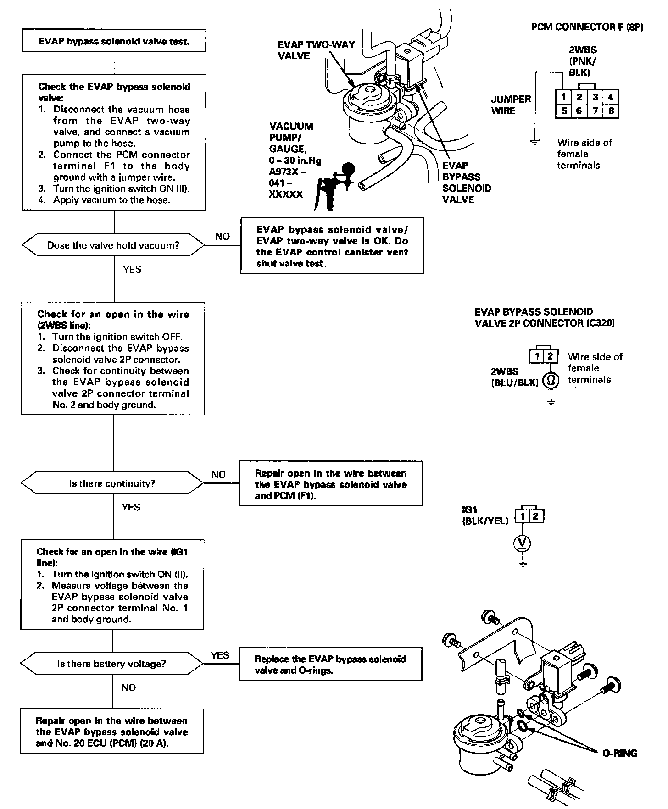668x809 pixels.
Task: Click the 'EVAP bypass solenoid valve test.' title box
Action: (114, 41)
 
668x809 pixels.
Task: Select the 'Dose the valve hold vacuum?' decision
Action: (113, 245)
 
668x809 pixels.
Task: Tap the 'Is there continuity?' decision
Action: (112, 483)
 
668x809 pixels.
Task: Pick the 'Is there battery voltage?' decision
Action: (111, 664)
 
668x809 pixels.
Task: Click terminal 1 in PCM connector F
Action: (564, 97)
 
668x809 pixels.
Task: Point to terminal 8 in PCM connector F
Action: (611, 111)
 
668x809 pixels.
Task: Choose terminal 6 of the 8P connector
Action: (579, 111)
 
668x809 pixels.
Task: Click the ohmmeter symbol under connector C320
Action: (551, 380)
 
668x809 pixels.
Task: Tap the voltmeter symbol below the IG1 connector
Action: (522, 543)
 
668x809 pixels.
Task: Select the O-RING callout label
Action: (619, 753)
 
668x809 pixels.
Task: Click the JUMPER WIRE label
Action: (511, 105)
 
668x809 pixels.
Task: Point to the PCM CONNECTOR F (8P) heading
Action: (587, 27)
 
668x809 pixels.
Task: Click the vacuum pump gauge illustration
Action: (335, 183)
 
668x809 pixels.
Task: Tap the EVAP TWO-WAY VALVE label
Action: (316, 50)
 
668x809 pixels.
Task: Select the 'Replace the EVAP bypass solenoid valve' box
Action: (330, 665)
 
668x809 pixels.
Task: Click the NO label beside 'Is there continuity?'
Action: (218, 475)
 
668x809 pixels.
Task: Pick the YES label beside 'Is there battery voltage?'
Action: (220, 655)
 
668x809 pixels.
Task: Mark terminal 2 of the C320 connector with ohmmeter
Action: (551, 356)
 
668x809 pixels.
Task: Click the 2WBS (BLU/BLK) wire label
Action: (514, 377)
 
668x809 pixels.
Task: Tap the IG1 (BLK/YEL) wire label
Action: (485, 515)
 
